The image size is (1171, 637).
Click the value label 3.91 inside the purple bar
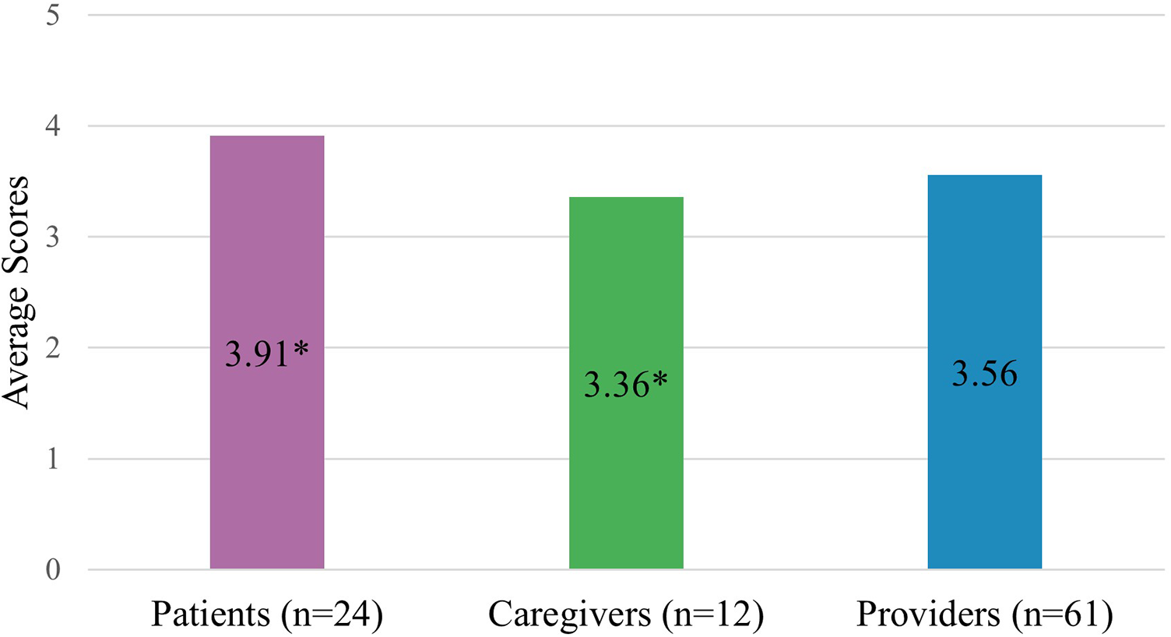pyautogui.click(x=257, y=354)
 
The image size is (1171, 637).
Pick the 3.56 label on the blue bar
pyautogui.click(x=985, y=375)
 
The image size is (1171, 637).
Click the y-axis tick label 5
pyautogui.click(x=53, y=15)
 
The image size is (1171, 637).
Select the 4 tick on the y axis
pyautogui.click(x=53, y=126)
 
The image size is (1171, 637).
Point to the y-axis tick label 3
pyautogui.click(x=53, y=237)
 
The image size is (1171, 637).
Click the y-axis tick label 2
pyautogui.click(x=53, y=348)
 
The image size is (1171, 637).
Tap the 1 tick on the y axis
pyautogui.click(x=53, y=459)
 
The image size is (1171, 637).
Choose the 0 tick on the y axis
pyautogui.click(x=53, y=570)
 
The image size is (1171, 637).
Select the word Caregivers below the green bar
pyautogui.click(x=569, y=614)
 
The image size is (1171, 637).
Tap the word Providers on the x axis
pyautogui.click(x=928, y=614)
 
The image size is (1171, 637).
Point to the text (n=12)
pyautogui.click(x=712, y=614)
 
